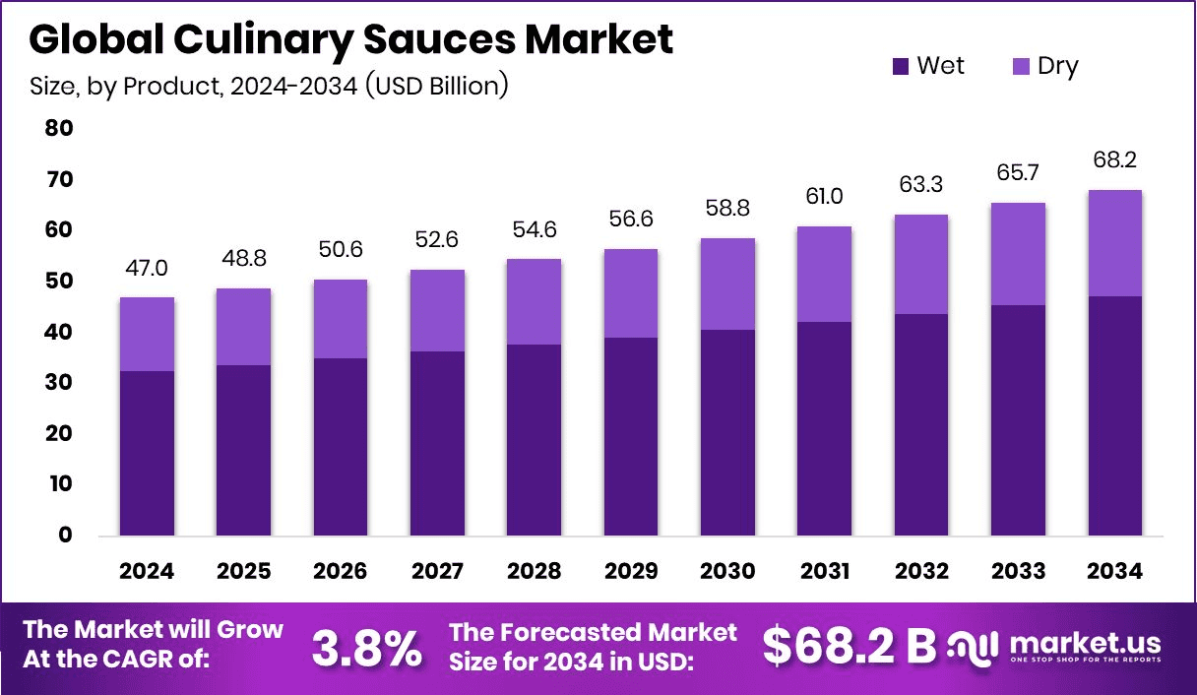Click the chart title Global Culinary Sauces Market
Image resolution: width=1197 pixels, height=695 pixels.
(x=351, y=39)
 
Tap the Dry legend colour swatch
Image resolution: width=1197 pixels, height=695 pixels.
(x=1020, y=67)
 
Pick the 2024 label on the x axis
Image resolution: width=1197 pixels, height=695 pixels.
(x=147, y=572)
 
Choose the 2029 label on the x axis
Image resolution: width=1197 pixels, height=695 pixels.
(x=631, y=572)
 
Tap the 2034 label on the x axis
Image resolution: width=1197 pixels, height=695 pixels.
(x=1115, y=572)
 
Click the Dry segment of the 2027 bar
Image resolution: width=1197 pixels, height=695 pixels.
(x=437, y=310)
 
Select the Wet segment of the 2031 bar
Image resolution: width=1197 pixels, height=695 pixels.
(x=825, y=428)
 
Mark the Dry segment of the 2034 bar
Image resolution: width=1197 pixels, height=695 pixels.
(x=1115, y=243)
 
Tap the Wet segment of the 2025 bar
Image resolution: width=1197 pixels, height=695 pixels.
(x=243, y=450)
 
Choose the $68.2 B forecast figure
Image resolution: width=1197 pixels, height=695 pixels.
(x=850, y=647)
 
